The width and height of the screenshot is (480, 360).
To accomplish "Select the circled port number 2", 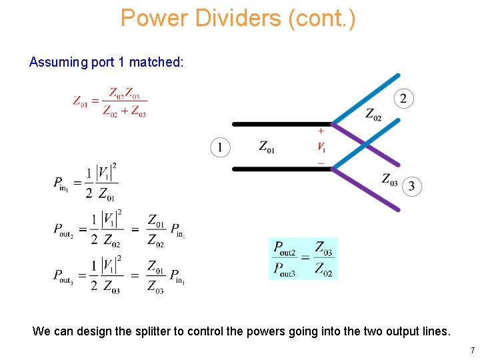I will tap(403, 99).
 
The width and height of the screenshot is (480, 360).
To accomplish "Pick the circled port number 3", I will tap(411, 186).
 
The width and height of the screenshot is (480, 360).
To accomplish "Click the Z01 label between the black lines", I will tap(267, 147).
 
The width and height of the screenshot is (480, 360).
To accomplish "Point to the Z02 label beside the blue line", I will tap(373, 115).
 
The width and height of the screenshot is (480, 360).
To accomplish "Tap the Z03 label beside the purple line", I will tap(390, 179).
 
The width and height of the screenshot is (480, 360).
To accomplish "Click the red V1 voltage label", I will tap(321, 147).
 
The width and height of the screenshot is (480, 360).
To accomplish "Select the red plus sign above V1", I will tap(321, 131).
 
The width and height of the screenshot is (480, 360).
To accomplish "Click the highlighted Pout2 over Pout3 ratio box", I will tap(303, 259).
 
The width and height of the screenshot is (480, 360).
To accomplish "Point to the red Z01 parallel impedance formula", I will tap(110, 102).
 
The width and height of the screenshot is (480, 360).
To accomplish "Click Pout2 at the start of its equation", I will tap(63, 229).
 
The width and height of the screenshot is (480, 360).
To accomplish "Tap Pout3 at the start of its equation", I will tap(63, 275).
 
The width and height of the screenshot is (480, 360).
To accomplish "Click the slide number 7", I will tap(472, 350).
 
